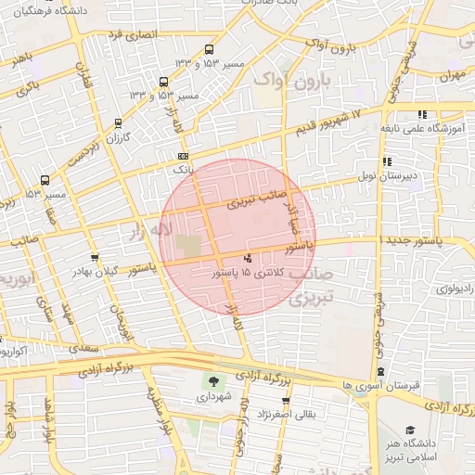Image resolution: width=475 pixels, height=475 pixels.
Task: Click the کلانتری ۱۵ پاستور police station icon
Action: (x=247, y=258)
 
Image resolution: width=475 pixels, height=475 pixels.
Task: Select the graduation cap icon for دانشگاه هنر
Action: (x=409, y=430)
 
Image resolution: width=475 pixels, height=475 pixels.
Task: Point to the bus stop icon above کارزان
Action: (x=118, y=122)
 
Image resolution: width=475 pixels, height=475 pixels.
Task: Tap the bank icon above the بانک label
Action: (x=183, y=156)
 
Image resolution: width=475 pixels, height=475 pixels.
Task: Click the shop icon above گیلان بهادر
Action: (x=94, y=258)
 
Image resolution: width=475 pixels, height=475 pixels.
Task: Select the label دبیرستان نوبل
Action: (x=386, y=174)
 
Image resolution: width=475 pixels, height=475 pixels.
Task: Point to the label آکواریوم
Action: (x=13, y=352)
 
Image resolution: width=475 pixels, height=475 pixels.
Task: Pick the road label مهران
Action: (x=452, y=76)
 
